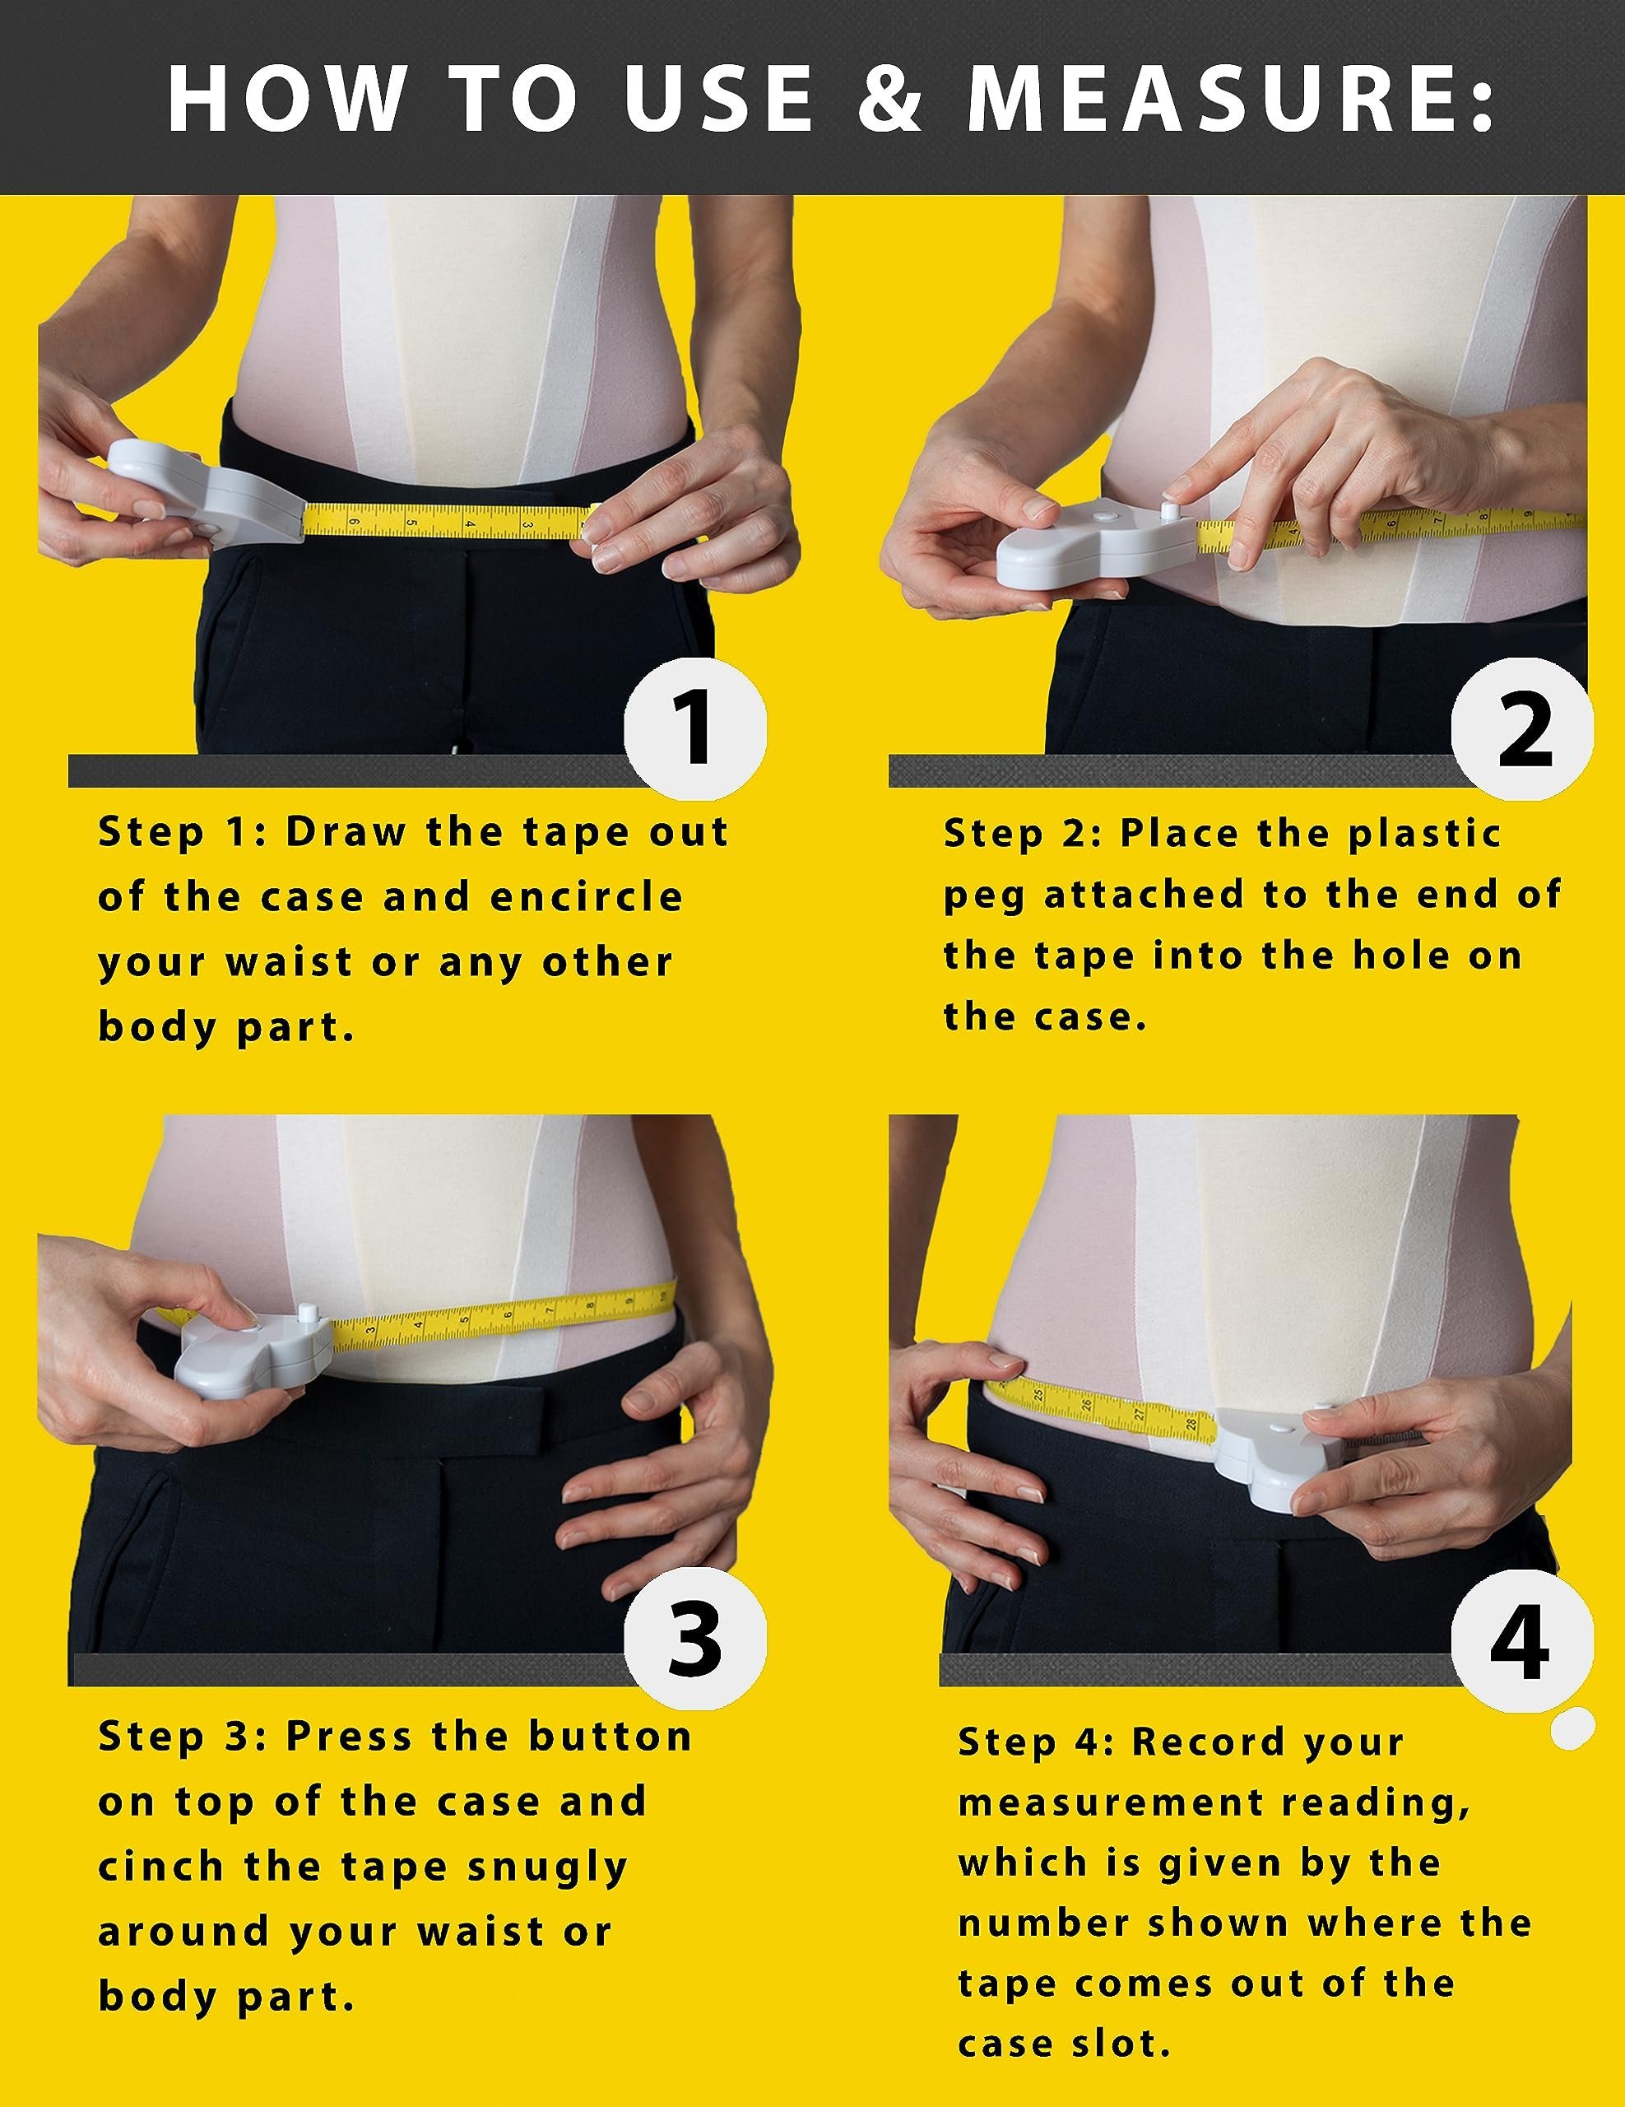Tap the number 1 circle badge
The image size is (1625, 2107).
pyautogui.click(x=694, y=730)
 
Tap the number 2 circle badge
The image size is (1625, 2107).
pyautogui.click(x=1523, y=730)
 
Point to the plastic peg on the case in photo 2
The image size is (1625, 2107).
pyautogui.click(x=1170, y=509)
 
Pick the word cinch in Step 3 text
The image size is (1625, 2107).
pyautogui.click(x=162, y=1867)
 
